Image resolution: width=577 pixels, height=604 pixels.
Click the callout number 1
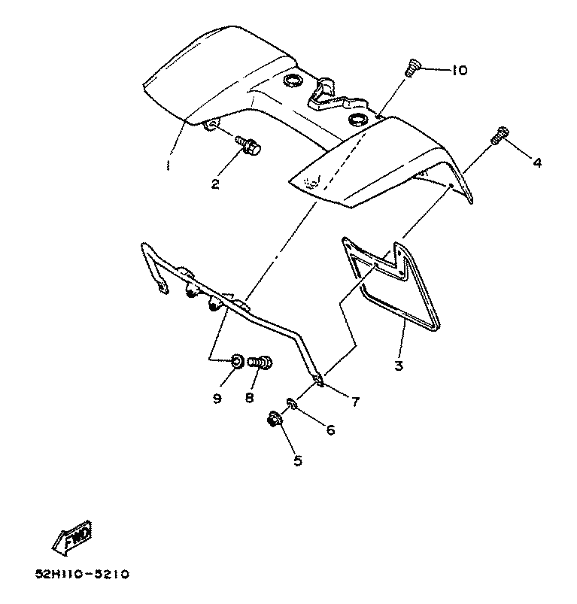(x=169, y=163)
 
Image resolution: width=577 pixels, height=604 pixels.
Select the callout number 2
(x=215, y=184)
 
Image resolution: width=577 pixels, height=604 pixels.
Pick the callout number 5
(x=298, y=460)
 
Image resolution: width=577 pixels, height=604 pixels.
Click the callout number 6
(x=329, y=430)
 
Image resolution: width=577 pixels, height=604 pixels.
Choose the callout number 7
(x=355, y=401)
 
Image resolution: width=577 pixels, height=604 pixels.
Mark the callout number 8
(x=250, y=398)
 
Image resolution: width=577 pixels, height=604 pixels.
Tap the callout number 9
(x=217, y=398)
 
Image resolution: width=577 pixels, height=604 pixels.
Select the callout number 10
(x=459, y=71)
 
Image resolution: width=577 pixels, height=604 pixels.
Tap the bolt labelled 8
(x=260, y=363)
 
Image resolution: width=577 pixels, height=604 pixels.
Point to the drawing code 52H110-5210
(x=82, y=574)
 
